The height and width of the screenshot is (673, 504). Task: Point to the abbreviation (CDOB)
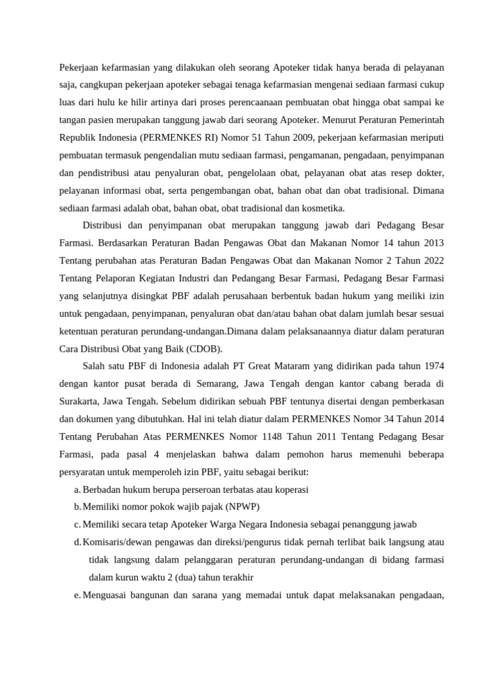point(204,348)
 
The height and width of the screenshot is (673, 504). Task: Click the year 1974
point(430,365)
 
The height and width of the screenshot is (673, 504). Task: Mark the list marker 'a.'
point(77,490)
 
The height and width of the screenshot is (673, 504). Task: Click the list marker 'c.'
point(77,524)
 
